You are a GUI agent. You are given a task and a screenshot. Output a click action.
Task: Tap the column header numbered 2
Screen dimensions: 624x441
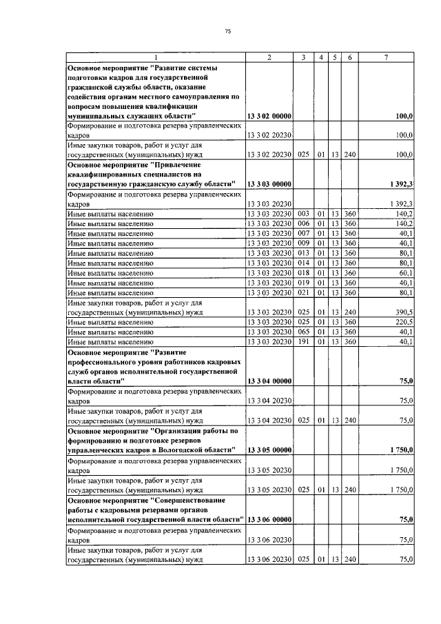click(269, 57)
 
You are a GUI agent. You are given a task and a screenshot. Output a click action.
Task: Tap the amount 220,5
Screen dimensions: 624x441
click(402, 322)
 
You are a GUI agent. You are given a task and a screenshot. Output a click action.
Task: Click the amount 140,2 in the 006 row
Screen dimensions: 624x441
click(402, 224)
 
